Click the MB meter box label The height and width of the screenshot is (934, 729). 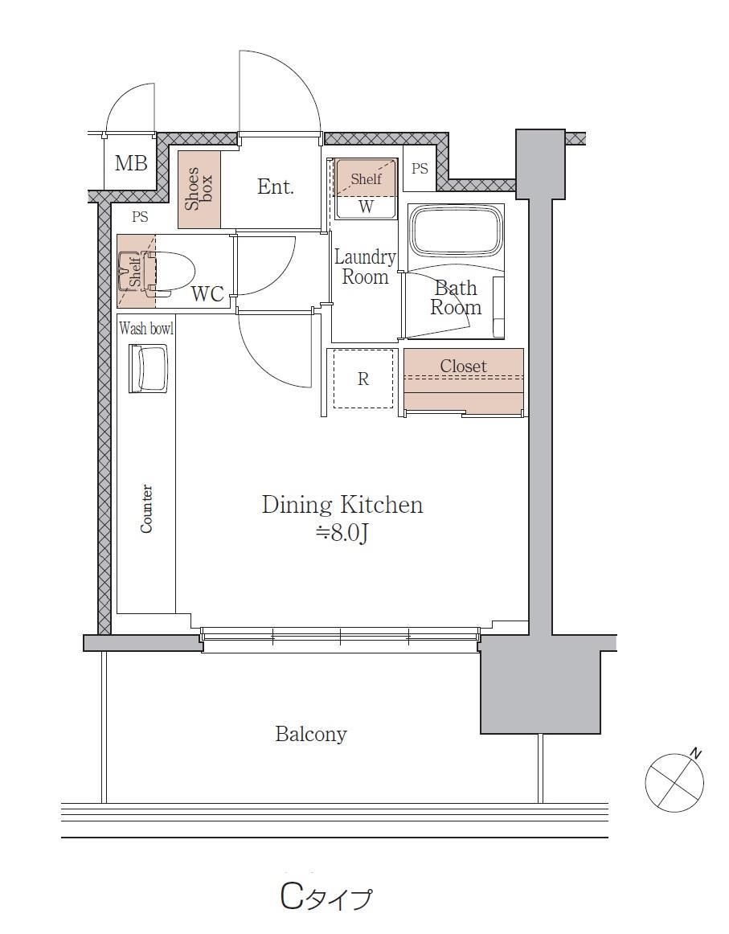[131, 162]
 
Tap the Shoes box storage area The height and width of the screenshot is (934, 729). [199, 190]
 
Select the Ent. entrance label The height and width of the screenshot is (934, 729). [276, 186]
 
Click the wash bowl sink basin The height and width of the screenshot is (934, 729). [149, 369]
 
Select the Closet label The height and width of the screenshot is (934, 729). [464, 366]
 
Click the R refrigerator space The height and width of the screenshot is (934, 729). [363, 379]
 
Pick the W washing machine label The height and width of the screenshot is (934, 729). [367, 207]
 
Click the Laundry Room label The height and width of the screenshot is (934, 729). [365, 267]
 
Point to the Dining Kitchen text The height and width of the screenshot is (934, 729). [342, 505]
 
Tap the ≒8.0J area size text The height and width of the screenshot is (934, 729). [342, 533]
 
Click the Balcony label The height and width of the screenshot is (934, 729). [311, 734]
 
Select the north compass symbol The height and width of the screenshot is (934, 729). [675, 781]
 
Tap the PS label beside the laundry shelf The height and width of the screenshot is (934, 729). [420, 169]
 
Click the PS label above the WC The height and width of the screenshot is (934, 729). [140, 217]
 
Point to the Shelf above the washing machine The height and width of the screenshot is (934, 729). [366, 178]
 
